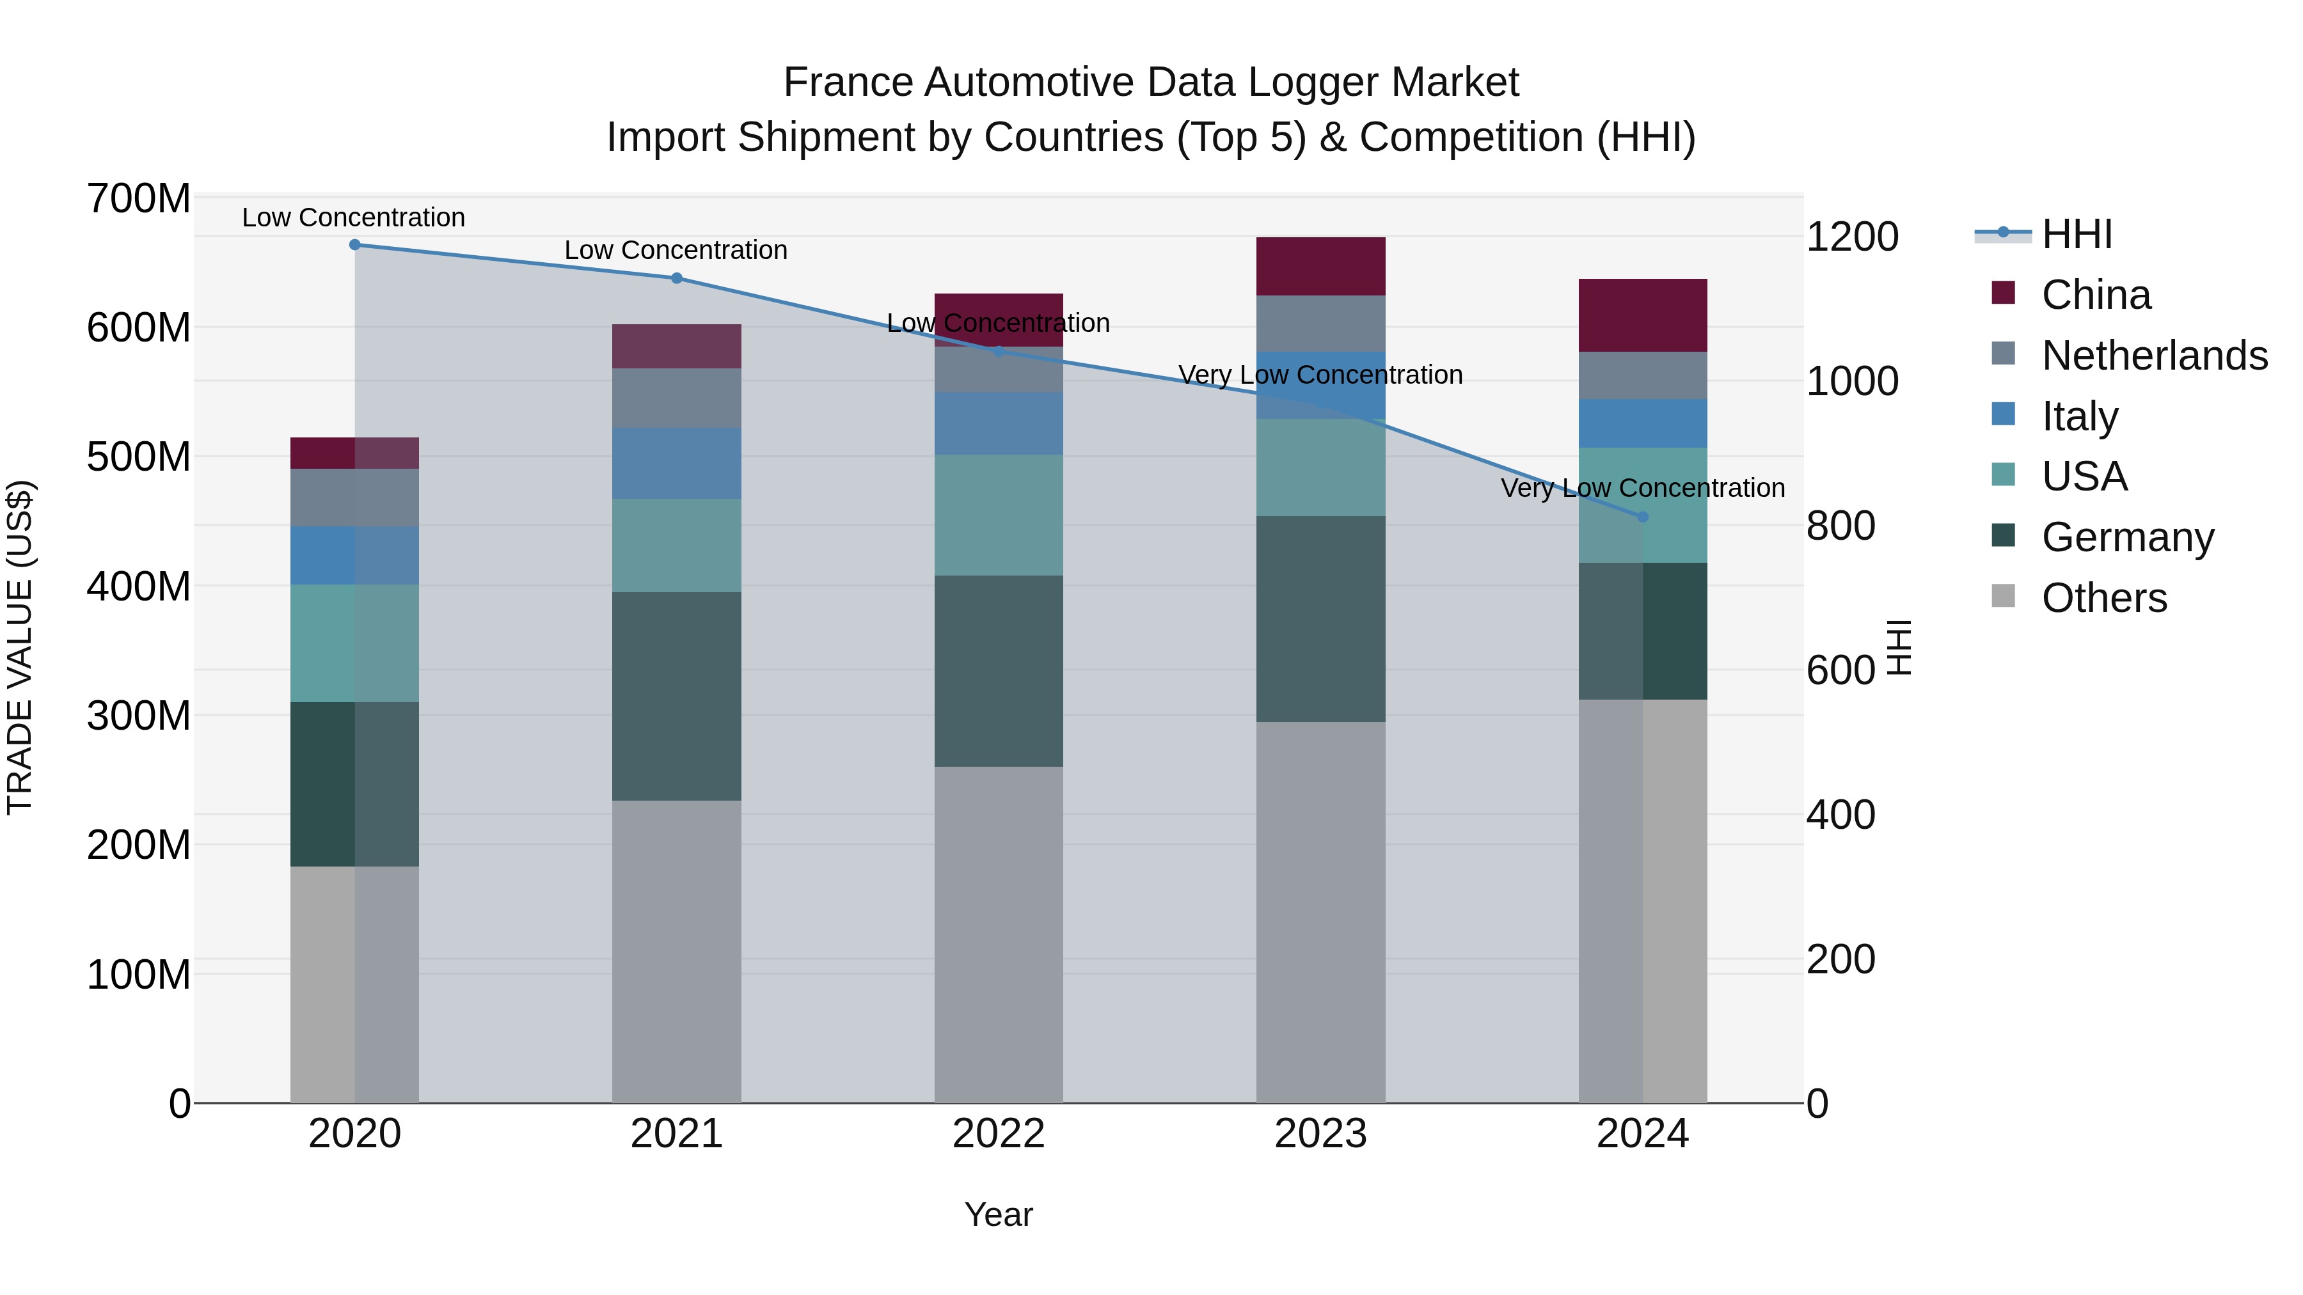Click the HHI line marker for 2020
point(355,244)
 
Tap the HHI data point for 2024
point(1642,517)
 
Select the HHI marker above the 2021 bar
point(677,278)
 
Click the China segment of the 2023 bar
point(1320,266)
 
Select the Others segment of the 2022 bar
point(999,934)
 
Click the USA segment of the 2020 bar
point(355,643)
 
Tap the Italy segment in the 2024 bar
point(1642,423)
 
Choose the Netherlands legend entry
point(2154,356)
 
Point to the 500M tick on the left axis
point(139,457)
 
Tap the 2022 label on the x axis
point(999,1134)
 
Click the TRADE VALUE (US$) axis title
point(20,647)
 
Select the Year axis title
point(999,1214)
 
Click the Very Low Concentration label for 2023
point(1320,375)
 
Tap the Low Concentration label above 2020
point(353,217)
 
